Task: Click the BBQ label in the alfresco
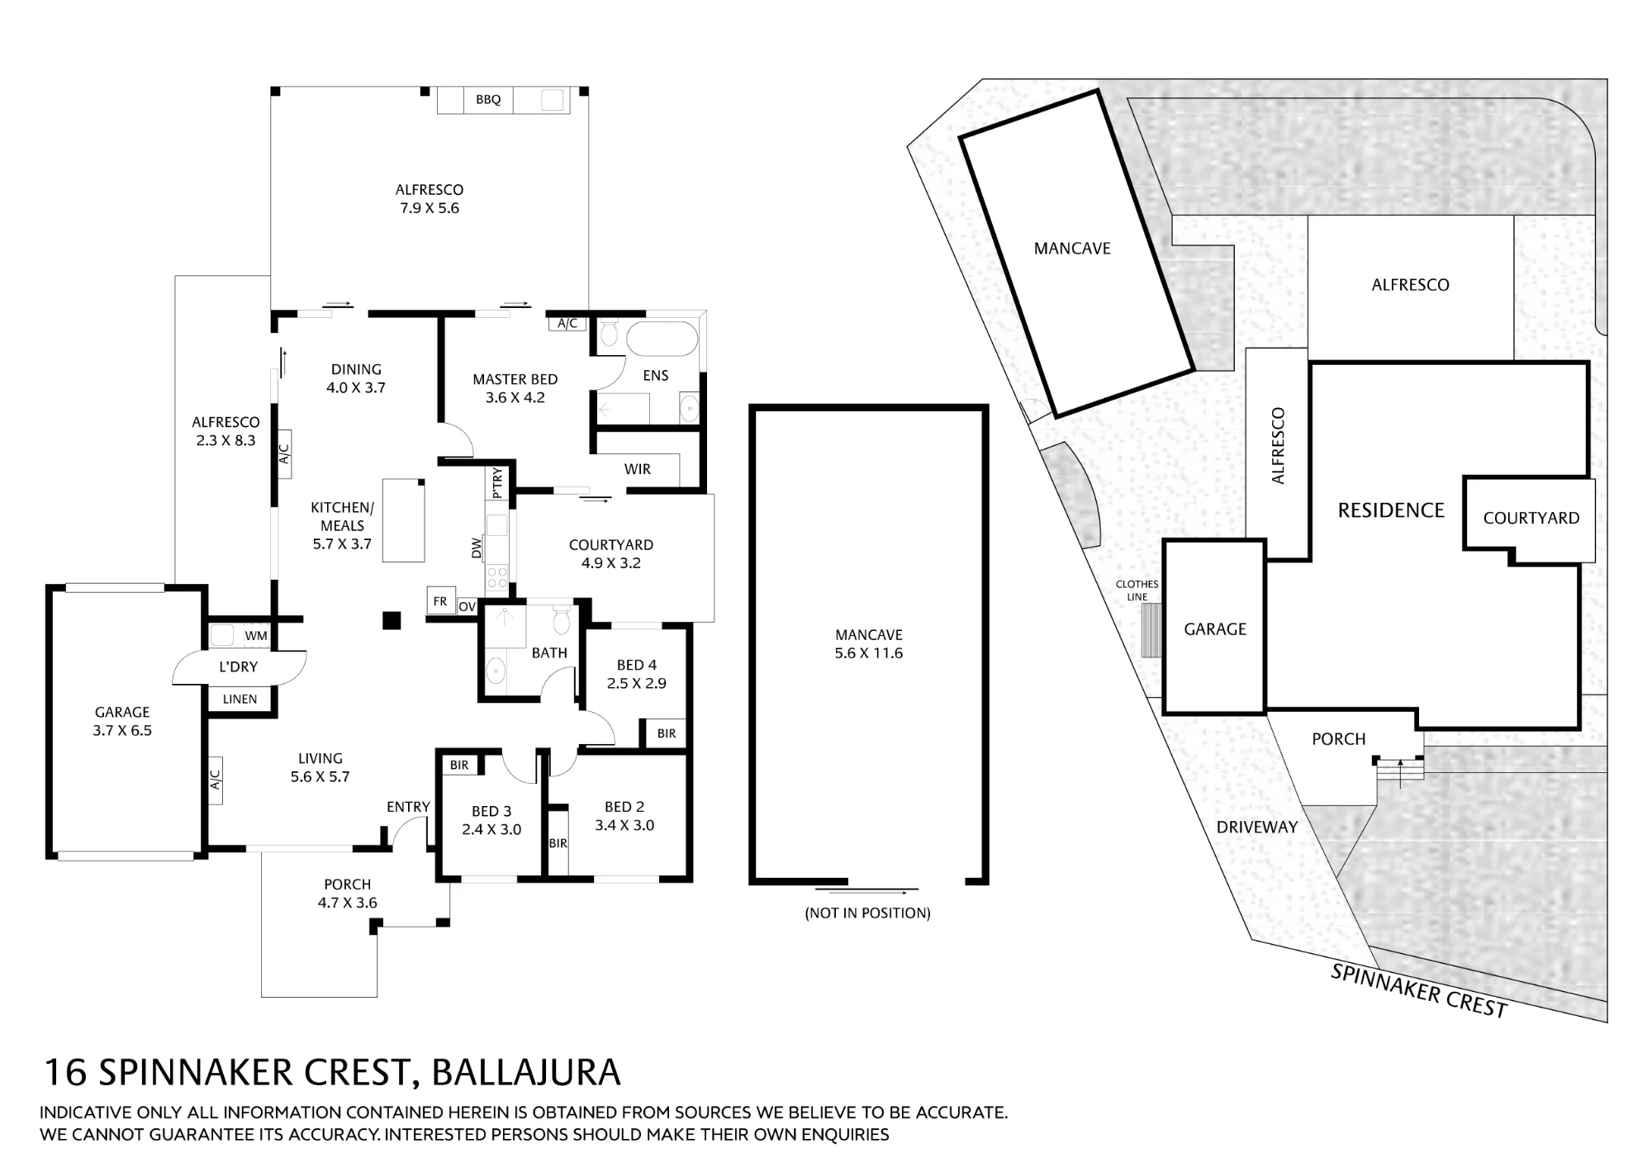point(488,100)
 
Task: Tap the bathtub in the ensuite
point(662,339)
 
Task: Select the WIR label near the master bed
point(638,469)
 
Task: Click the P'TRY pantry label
point(497,483)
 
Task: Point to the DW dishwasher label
point(476,548)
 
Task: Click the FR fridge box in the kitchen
point(440,601)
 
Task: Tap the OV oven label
point(468,607)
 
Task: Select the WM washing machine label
point(256,636)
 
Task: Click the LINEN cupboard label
point(240,700)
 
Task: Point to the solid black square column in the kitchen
point(392,620)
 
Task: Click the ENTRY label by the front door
point(408,807)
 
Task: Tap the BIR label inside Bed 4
point(667,733)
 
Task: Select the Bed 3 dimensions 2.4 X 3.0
point(491,830)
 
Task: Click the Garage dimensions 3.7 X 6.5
point(122,731)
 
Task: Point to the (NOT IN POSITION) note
point(868,913)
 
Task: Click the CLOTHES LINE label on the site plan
point(1137,591)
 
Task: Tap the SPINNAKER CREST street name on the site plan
point(1419,990)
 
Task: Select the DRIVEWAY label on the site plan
point(1257,828)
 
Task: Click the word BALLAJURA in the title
point(525,1073)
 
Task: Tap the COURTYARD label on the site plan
point(1531,519)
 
